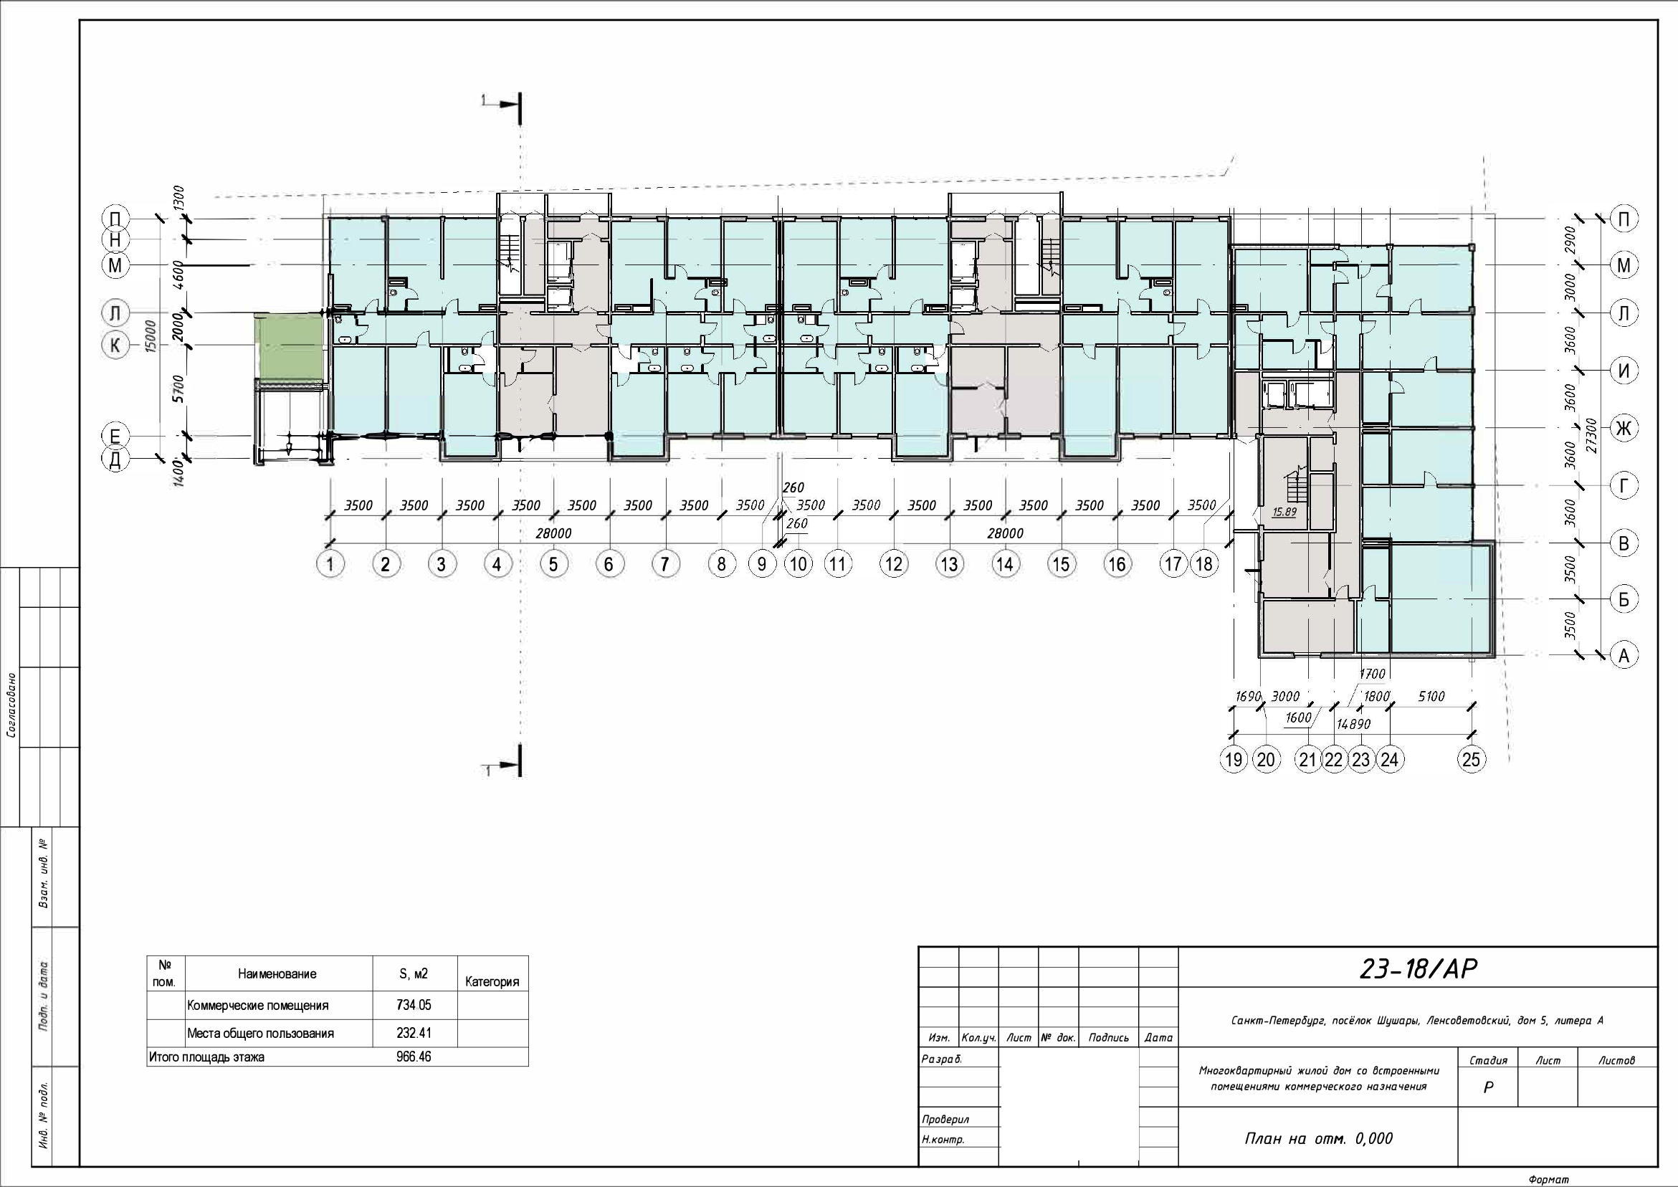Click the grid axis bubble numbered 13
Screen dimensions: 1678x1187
tap(949, 564)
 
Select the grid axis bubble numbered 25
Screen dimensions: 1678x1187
tap(1471, 759)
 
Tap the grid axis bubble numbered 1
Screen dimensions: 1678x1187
tap(330, 564)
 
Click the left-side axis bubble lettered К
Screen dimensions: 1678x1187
tap(115, 345)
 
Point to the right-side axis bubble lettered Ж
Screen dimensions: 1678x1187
tap(1624, 428)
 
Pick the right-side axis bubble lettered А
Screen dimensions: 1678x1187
tap(1624, 656)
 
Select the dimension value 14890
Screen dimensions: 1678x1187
tap(1352, 725)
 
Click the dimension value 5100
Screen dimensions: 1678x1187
tap(1431, 697)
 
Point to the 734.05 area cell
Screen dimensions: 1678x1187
tap(414, 1005)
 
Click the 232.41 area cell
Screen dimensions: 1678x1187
tap(414, 1033)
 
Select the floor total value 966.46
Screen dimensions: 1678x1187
tap(414, 1057)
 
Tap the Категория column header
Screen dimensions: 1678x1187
tap(492, 981)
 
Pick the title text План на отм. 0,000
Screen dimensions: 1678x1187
tap(1319, 1139)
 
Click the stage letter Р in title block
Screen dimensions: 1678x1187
tap(1487, 1087)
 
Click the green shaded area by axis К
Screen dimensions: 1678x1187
tap(289, 348)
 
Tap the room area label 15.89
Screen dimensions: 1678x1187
tap(1284, 512)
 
